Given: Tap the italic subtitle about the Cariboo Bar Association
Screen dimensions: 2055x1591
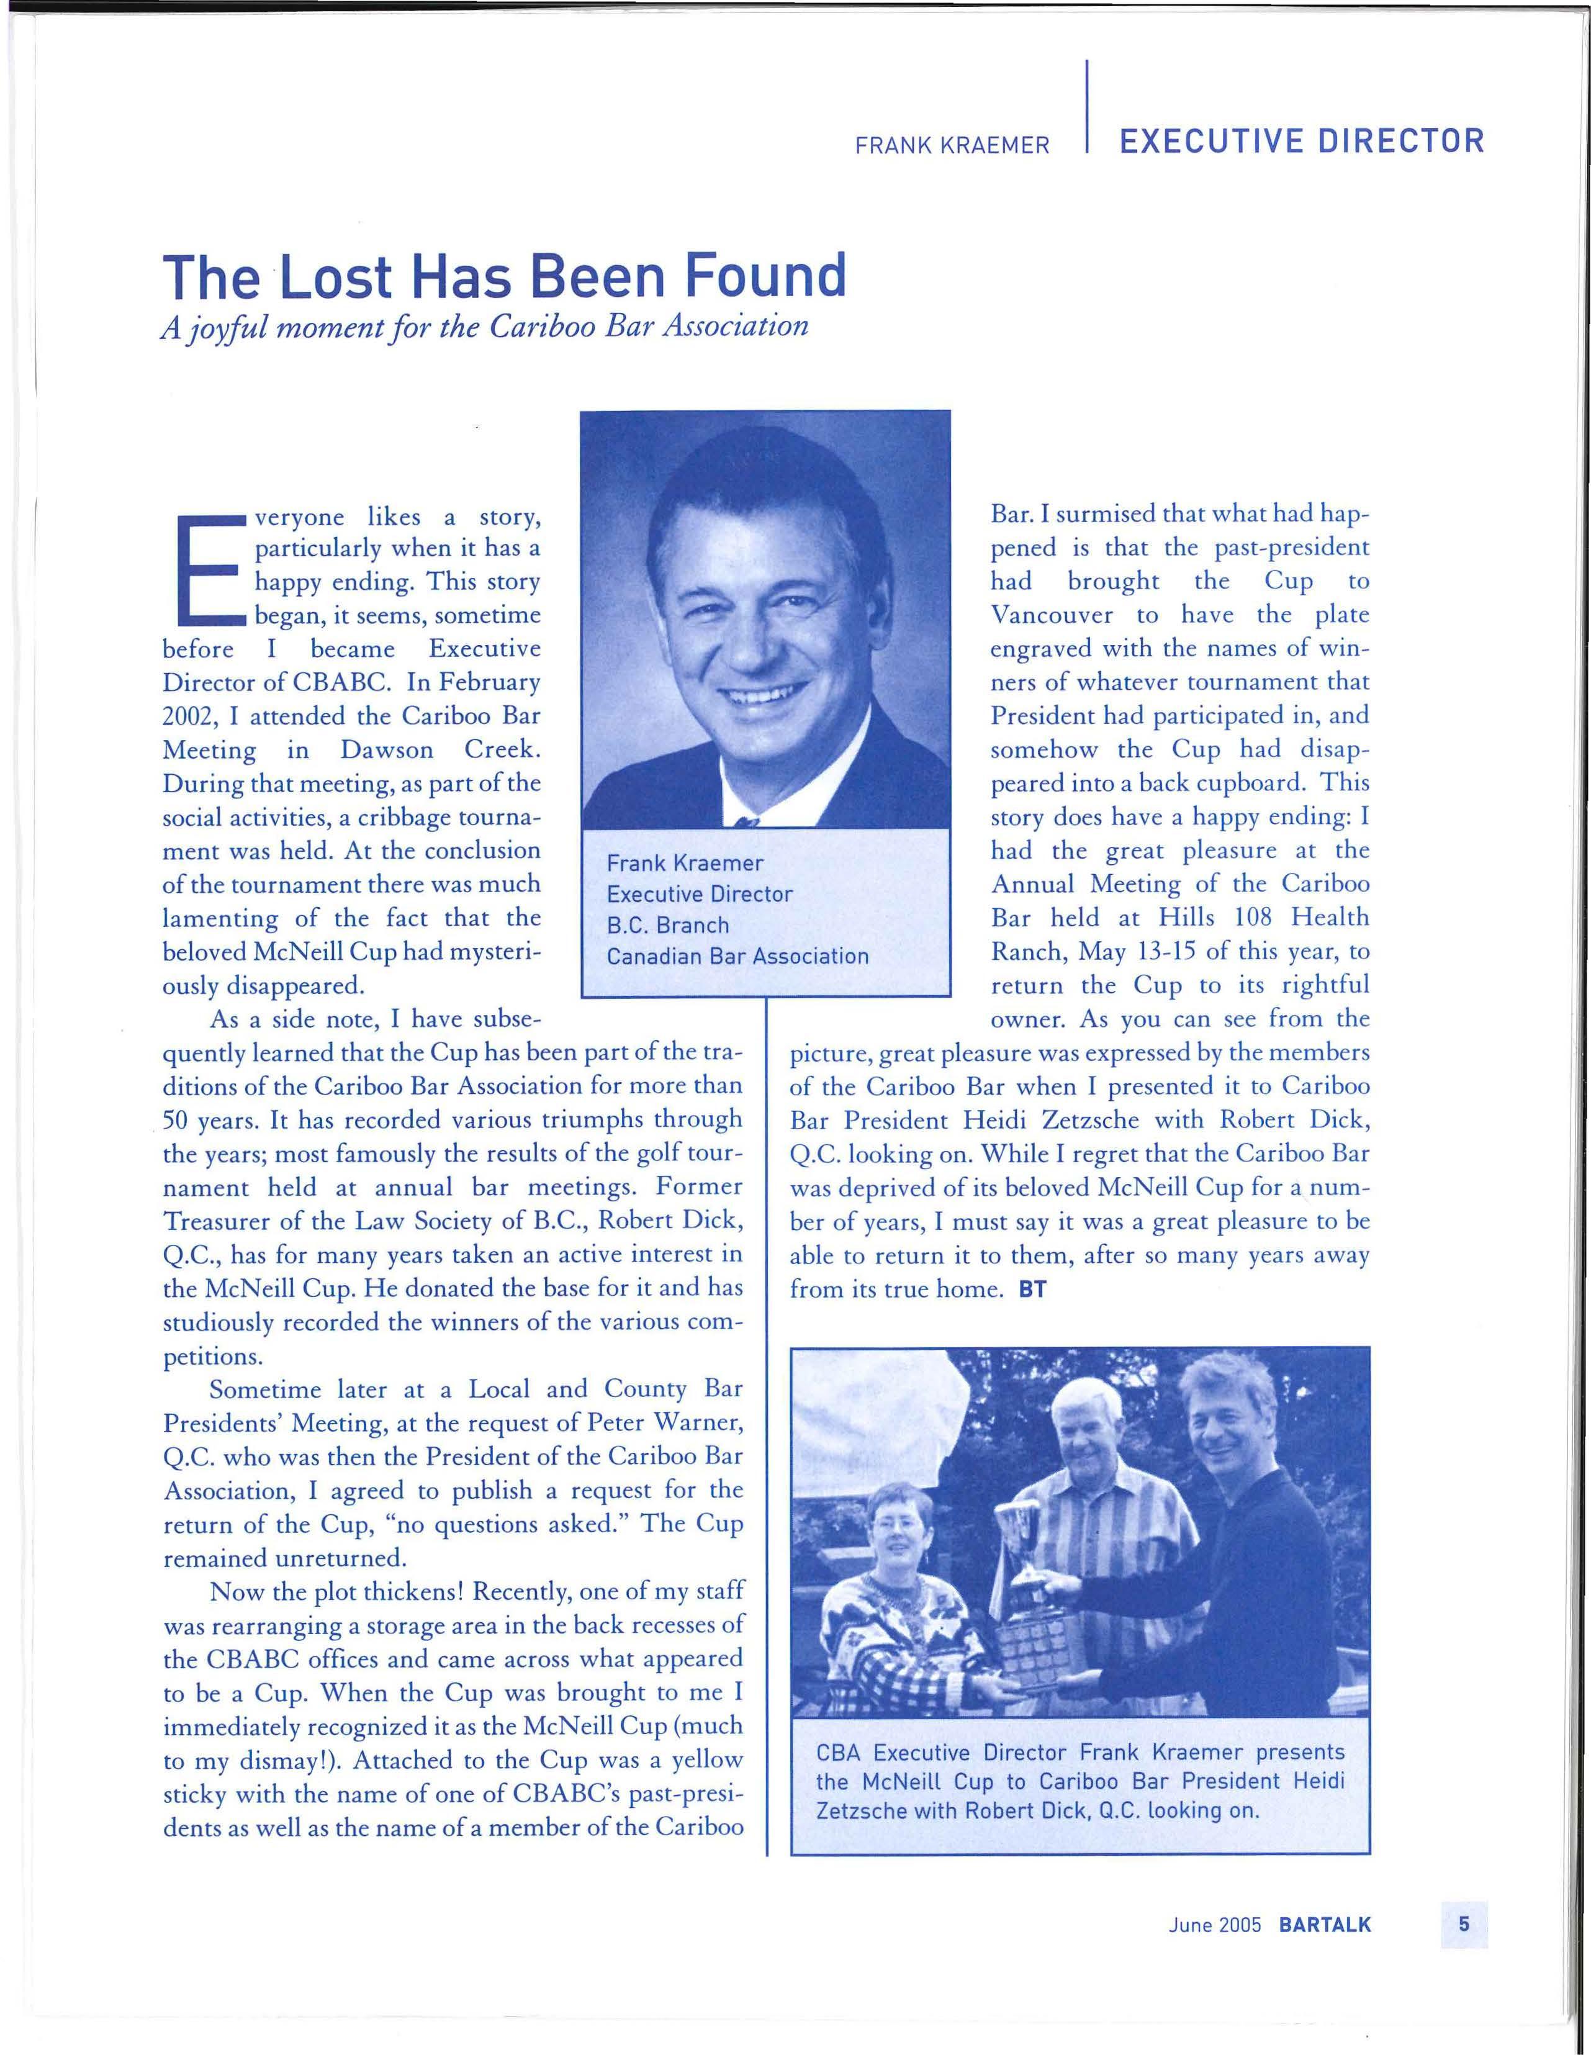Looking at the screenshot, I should pyautogui.click(x=485, y=325).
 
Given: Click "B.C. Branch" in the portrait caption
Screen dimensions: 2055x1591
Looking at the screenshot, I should pyautogui.click(x=668, y=925).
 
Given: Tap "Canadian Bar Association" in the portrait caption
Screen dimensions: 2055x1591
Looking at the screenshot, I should pyautogui.click(x=737, y=957).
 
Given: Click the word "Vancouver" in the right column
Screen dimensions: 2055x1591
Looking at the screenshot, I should pyautogui.click(x=1053, y=615).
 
